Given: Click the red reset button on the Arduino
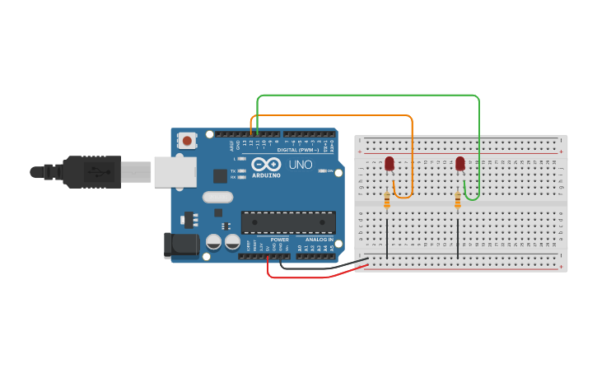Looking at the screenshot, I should pos(187,141).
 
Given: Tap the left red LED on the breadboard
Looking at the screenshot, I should pos(389,164).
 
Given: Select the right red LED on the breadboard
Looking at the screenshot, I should pos(459,164).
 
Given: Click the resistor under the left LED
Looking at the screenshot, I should pos(388,200).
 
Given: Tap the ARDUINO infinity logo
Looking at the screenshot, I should pos(266,164).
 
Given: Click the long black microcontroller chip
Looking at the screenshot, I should pos(288,222).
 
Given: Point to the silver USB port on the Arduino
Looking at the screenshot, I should pos(175,172).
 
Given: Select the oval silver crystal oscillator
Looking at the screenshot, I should pos(218,198).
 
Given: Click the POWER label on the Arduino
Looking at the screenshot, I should pos(279,240).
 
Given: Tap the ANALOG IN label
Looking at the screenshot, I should pos(319,240).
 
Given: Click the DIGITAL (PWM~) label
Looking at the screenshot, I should pos(299,150).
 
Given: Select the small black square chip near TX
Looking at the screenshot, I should pos(220,175).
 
